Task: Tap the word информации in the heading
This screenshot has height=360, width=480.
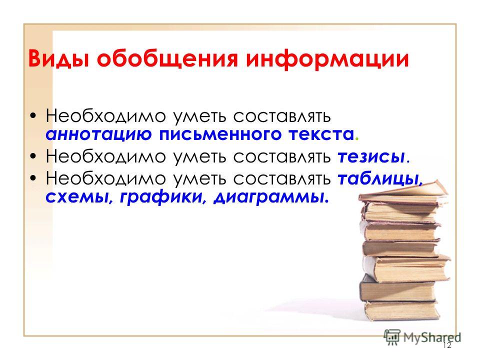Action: point(327,58)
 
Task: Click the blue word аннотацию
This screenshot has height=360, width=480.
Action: point(98,134)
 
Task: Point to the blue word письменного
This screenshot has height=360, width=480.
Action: point(220,134)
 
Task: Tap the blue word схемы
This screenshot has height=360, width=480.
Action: point(78,197)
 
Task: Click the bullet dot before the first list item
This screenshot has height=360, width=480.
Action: point(33,116)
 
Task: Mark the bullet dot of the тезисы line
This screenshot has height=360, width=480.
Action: point(33,156)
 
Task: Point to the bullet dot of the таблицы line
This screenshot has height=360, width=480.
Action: point(33,178)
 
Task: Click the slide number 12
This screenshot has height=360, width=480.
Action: point(447,345)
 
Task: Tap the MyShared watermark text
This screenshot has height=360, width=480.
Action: point(432,337)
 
